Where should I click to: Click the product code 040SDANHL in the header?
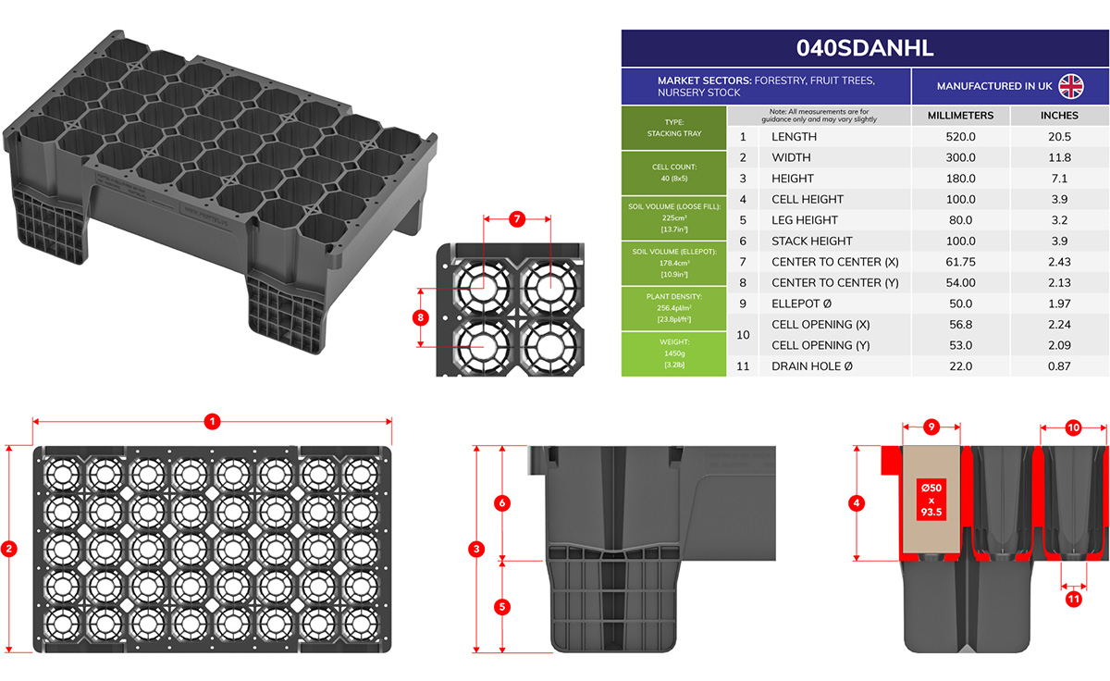[x=865, y=48]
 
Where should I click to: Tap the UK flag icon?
[x=1070, y=86]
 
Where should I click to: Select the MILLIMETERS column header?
[x=960, y=116]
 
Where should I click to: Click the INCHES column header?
[x=1059, y=116]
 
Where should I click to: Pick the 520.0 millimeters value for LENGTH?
[x=960, y=137]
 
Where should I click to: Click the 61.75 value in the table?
[x=960, y=262]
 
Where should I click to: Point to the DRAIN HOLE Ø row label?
[x=815, y=366]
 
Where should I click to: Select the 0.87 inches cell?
[x=1059, y=366]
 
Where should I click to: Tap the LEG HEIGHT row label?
[x=804, y=220]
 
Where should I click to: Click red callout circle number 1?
[x=212, y=421]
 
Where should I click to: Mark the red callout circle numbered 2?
[x=9, y=549]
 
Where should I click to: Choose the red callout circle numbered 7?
[x=517, y=219]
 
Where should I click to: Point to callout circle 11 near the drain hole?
[x=1073, y=599]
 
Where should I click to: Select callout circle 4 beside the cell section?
[x=857, y=503]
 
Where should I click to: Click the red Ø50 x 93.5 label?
[x=931, y=500]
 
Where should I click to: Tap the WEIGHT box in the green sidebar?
[x=673, y=353]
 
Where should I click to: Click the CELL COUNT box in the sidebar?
[x=673, y=173]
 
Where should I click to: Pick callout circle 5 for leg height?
[x=502, y=607]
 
